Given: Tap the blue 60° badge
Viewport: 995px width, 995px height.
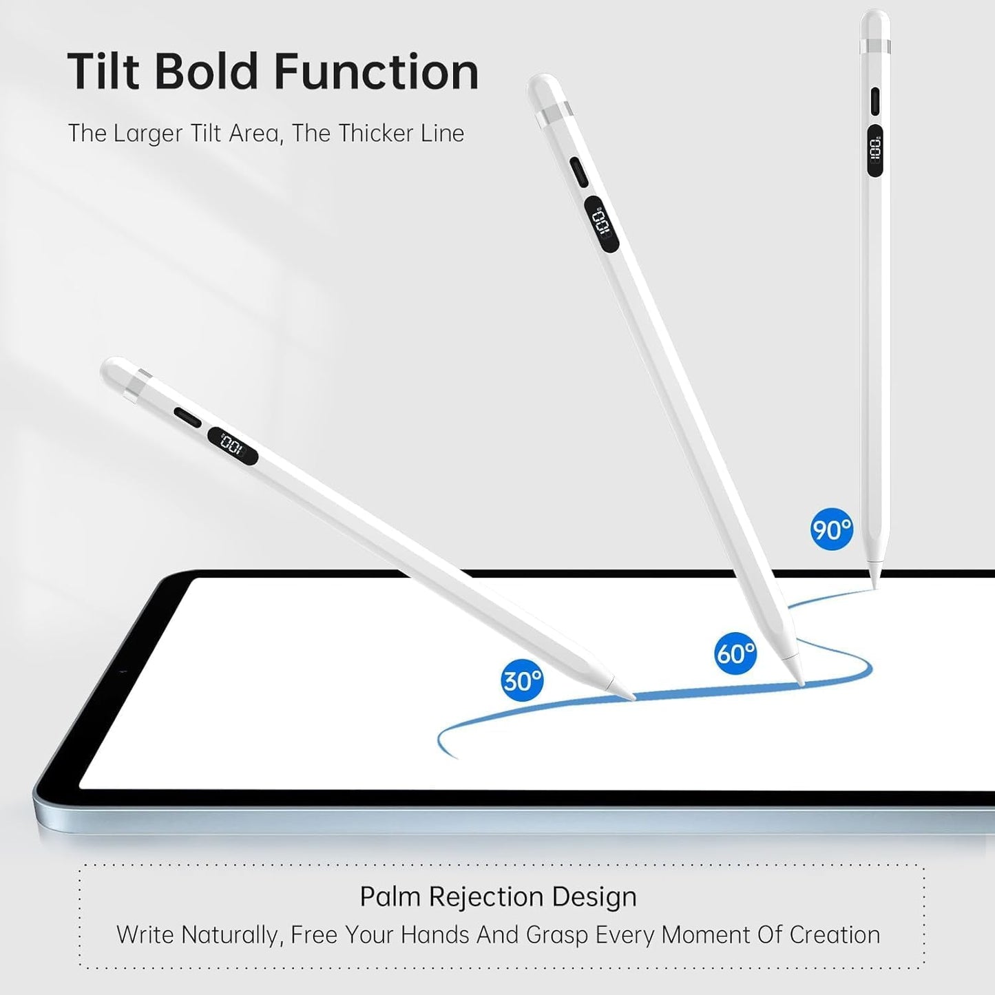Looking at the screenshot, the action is [736, 653].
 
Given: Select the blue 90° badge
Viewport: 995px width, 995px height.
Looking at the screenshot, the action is [831, 529].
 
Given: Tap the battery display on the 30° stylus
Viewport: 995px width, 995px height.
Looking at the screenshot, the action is [233, 446].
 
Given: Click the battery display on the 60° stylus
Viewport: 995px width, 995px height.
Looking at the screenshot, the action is [603, 226].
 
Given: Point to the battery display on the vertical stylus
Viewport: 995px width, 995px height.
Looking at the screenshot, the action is [874, 150].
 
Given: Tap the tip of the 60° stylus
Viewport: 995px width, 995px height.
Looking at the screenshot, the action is [803, 685].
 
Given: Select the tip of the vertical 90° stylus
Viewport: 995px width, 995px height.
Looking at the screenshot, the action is [874, 588].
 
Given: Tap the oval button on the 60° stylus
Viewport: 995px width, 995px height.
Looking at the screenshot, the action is [579, 173].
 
